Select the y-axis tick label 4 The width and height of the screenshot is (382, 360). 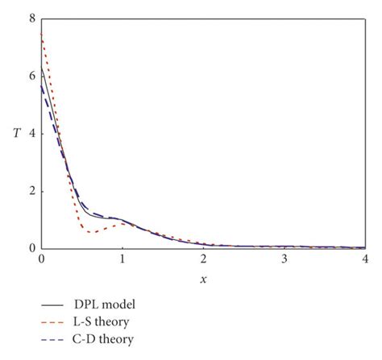click(x=31, y=133)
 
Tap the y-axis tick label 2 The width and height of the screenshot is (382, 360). click(x=31, y=191)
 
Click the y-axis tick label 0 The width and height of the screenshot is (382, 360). click(x=31, y=249)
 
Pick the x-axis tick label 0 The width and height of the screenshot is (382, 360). click(x=41, y=261)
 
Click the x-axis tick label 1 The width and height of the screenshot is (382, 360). click(x=122, y=261)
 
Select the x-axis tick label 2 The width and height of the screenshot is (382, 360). click(x=203, y=261)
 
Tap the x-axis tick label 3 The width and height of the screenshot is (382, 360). click(x=284, y=261)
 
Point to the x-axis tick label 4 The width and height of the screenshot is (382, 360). click(x=365, y=261)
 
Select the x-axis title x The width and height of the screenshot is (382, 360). click(x=203, y=279)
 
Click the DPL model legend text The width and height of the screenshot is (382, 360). click(x=102, y=305)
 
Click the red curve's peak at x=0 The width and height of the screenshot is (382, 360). click(x=41, y=34)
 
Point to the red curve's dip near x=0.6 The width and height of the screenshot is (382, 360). click(x=91, y=233)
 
